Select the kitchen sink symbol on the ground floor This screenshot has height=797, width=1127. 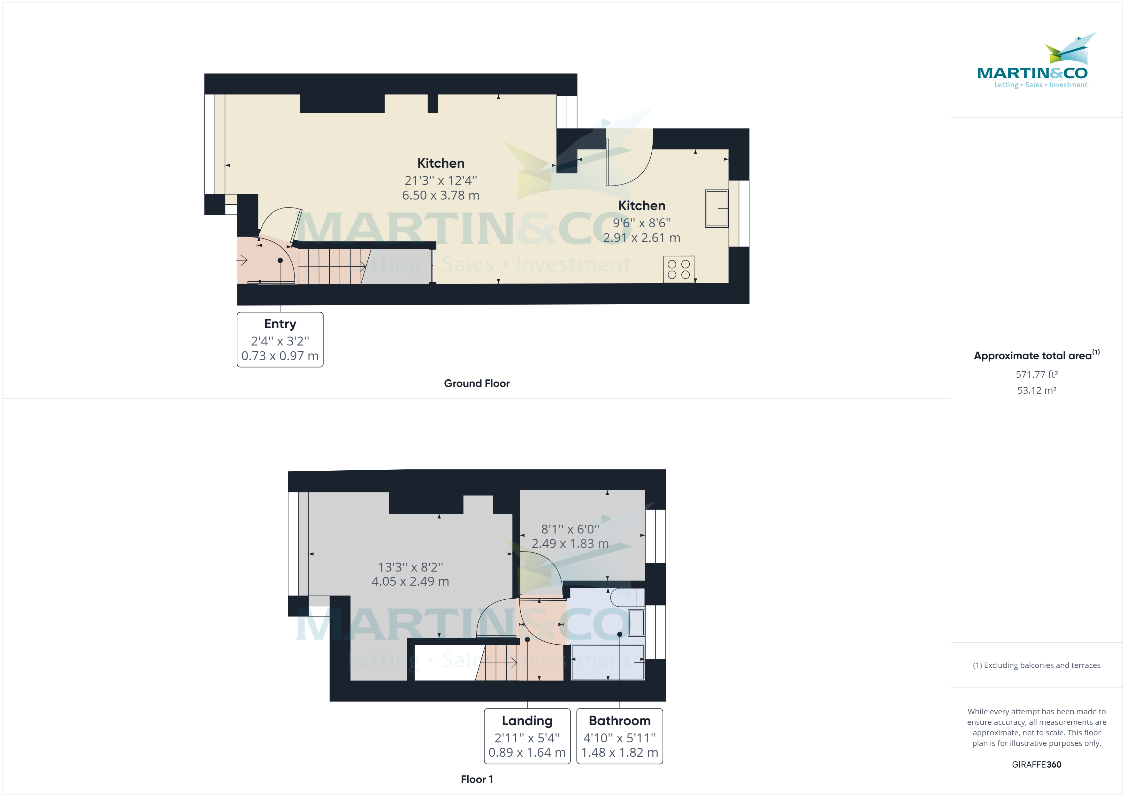click(x=716, y=209)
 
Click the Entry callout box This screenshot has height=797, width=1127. click(x=280, y=340)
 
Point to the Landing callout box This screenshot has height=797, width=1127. click(x=527, y=736)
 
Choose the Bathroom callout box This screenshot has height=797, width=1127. click(x=619, y=736)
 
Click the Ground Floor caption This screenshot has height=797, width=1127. click(x=477, y=383)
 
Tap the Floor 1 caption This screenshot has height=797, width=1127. click(x=477, y=779)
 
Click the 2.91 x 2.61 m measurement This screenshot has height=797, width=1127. click(x=641, y=238)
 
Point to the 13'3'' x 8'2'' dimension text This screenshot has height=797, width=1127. click(x=410, y=567)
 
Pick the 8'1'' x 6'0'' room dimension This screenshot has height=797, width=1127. click(x=570, y=529)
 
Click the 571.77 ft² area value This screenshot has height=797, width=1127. click(x=1036, y=375)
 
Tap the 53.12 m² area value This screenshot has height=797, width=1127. click(x=1036, y=391)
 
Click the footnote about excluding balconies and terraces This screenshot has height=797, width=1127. click(x=1036, y=665)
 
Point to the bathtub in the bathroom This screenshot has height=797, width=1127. click(x=608, y=663)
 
